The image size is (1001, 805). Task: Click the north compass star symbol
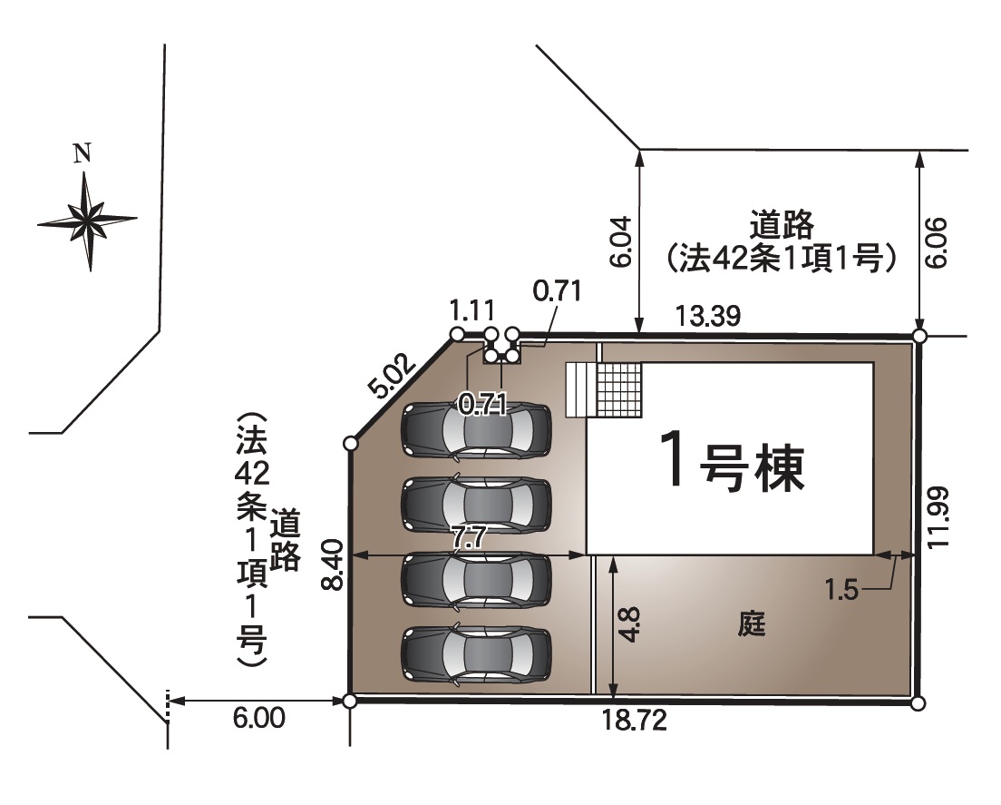(87, 220)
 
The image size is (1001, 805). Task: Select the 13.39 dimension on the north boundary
(709, 316)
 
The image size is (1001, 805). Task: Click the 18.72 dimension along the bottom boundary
(635, 721)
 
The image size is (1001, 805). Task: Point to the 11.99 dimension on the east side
(939, 517)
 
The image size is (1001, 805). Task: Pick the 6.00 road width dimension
(259, 719)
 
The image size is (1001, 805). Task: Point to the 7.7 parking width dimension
(469, 537)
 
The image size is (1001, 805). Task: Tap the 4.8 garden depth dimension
(631, 625)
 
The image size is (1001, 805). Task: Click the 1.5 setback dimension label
(841, 590)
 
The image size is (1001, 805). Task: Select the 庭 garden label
(752, 624)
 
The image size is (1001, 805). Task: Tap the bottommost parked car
(477, 653)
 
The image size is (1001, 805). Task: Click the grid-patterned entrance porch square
(617, 388)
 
